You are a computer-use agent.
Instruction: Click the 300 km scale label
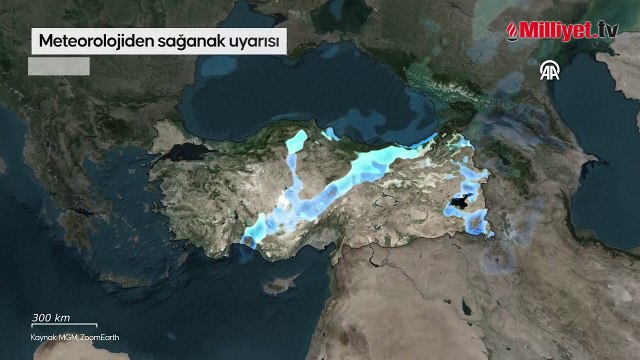click(50, 317)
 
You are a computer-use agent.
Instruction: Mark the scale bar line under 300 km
click(63, 325)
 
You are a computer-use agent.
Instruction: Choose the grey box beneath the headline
click(59, 66)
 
